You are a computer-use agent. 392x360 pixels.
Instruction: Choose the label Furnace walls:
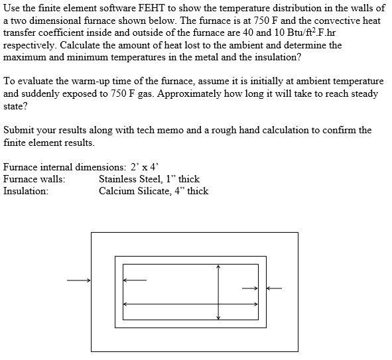pyautogui.click(x=34, y=179)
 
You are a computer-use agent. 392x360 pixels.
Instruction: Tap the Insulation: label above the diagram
pyautogui.click(x=26, y=191)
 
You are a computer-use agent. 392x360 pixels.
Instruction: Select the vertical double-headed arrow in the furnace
pyautogui.click(x=218, y=292)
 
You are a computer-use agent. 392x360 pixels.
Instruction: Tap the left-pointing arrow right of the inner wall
pyautogui.click(x=275, y=288)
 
